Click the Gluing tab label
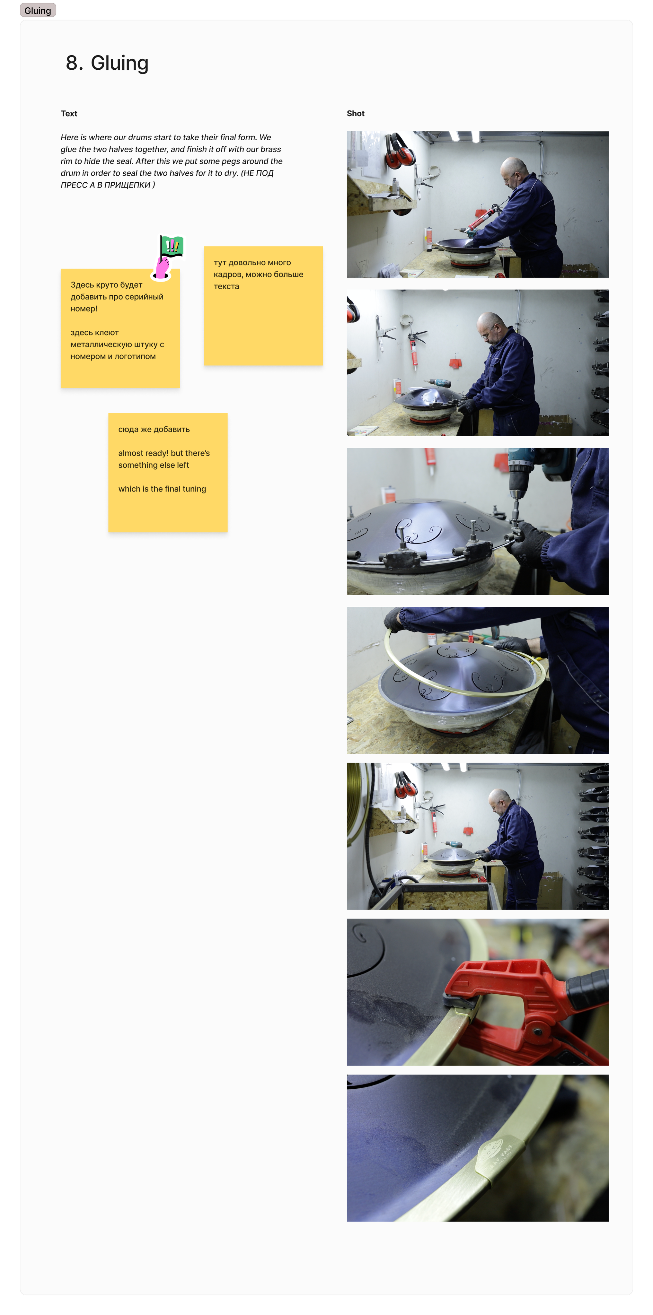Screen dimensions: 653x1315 [x=38, y=10]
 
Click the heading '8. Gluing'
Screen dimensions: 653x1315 [x=107, y=63]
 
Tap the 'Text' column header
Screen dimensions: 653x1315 [x=69, y=113]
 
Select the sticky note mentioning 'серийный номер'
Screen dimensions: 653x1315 [x=120, y=328]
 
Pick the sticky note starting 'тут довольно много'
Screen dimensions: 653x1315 [x=263, y=306]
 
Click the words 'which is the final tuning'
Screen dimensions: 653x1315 [x=162, y=489]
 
